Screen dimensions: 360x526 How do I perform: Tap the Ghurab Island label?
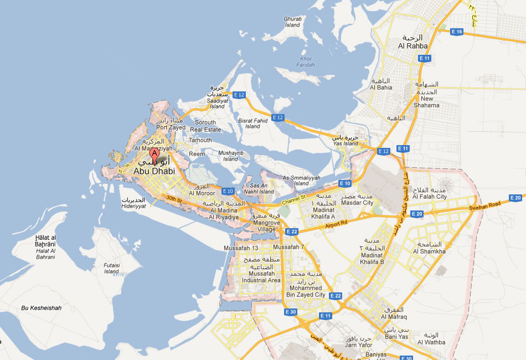(292, 22)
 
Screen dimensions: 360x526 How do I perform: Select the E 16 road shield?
(457, 32)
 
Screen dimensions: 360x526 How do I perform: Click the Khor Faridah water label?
(306, 61)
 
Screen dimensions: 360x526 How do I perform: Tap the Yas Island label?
(345, 143)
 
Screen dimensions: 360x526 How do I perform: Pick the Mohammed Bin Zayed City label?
(305, 291)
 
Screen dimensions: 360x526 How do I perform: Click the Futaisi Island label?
(112, 269)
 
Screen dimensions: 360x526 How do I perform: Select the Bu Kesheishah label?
(42, 308)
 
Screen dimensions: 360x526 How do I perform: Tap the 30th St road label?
(174, 199)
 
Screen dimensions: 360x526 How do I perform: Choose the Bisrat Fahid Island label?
(252, 123)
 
